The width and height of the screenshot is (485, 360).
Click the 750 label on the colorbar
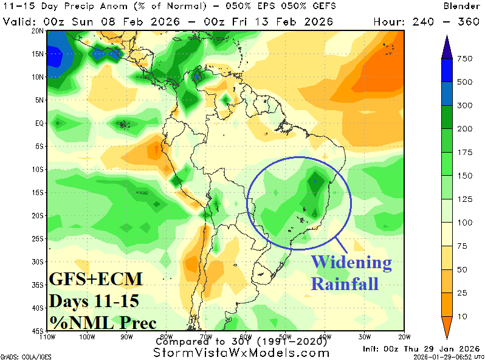coord(465,59)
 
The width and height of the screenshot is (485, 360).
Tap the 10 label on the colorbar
coord(463,316)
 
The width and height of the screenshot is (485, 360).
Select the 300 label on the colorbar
coord(465,105)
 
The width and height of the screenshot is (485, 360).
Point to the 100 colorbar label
coord(465,223)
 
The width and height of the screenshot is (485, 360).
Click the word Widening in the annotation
coord(351,263)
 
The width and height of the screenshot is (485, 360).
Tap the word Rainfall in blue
coord(345,283)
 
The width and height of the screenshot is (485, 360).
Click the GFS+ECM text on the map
coord(95,280)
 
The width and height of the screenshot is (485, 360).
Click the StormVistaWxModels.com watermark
coord(242,353)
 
